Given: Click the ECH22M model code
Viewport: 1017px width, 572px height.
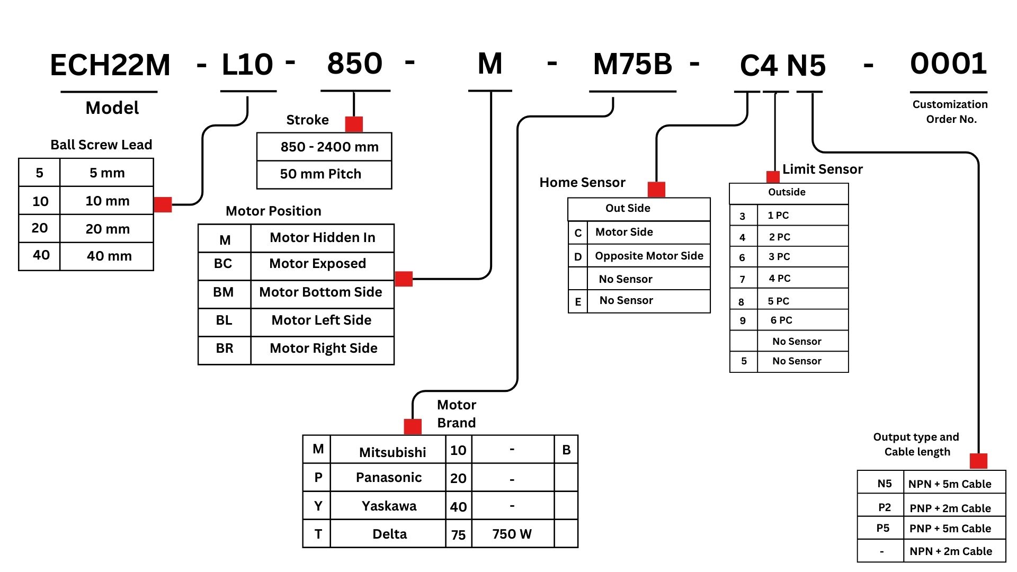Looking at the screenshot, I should tap(110, 66).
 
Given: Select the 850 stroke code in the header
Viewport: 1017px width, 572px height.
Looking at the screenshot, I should tap(355, 64).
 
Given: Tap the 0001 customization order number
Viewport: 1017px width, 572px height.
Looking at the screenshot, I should tap(948, 64).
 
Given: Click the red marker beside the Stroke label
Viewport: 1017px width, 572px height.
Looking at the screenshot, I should tap(354, 124).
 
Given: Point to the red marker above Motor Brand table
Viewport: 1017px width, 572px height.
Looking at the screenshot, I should tap(413, 426).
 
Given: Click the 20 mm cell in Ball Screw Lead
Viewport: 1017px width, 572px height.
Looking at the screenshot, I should tap(108, 229).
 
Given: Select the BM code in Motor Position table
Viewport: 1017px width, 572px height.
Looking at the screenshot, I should tap(224, 292).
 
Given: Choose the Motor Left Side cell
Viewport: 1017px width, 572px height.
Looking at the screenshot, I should tap(322, 320).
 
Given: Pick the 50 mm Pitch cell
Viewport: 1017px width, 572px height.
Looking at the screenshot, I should tap(320, 174).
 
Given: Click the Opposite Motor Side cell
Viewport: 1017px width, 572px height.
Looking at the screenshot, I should tap(649, 256).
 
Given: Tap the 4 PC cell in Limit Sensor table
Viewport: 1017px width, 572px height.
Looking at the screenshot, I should tap(780, 278).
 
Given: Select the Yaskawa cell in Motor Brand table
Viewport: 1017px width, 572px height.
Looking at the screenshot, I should tap(389, 506).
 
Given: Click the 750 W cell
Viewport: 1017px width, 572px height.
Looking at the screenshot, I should tap(512, 534).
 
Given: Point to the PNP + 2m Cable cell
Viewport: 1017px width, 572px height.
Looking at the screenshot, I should tap(950, 508).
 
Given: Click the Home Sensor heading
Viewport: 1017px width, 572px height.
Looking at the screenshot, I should tap(582, 183).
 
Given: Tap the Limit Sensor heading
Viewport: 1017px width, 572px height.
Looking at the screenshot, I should tap(822, 169).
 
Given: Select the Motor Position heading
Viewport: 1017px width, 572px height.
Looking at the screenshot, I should tap(273, 211).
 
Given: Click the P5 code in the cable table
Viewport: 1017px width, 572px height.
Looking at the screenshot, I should tap(883, 528).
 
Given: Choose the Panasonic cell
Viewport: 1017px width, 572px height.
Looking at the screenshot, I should tap(389, 478).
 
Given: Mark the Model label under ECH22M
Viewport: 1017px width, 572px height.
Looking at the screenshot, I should tap(112, 108).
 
